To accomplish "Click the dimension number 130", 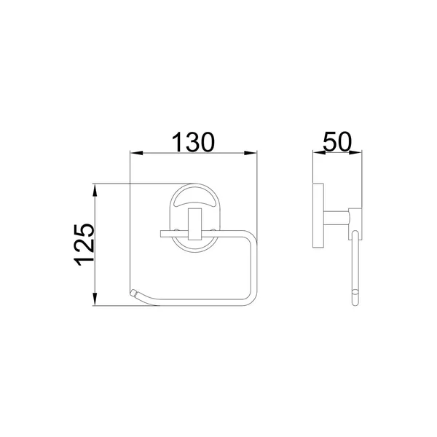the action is point(193,142).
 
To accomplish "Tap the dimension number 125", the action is point(84,245).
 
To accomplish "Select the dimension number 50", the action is point(337,141).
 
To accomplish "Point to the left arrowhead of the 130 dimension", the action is point(136,153).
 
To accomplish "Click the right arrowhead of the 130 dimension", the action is point(251,153).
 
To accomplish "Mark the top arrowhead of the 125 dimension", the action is point(95,190).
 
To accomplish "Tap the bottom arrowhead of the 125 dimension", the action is point(95,299).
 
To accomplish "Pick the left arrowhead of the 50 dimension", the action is point(319,152).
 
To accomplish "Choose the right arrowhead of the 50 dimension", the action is point(355,152).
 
